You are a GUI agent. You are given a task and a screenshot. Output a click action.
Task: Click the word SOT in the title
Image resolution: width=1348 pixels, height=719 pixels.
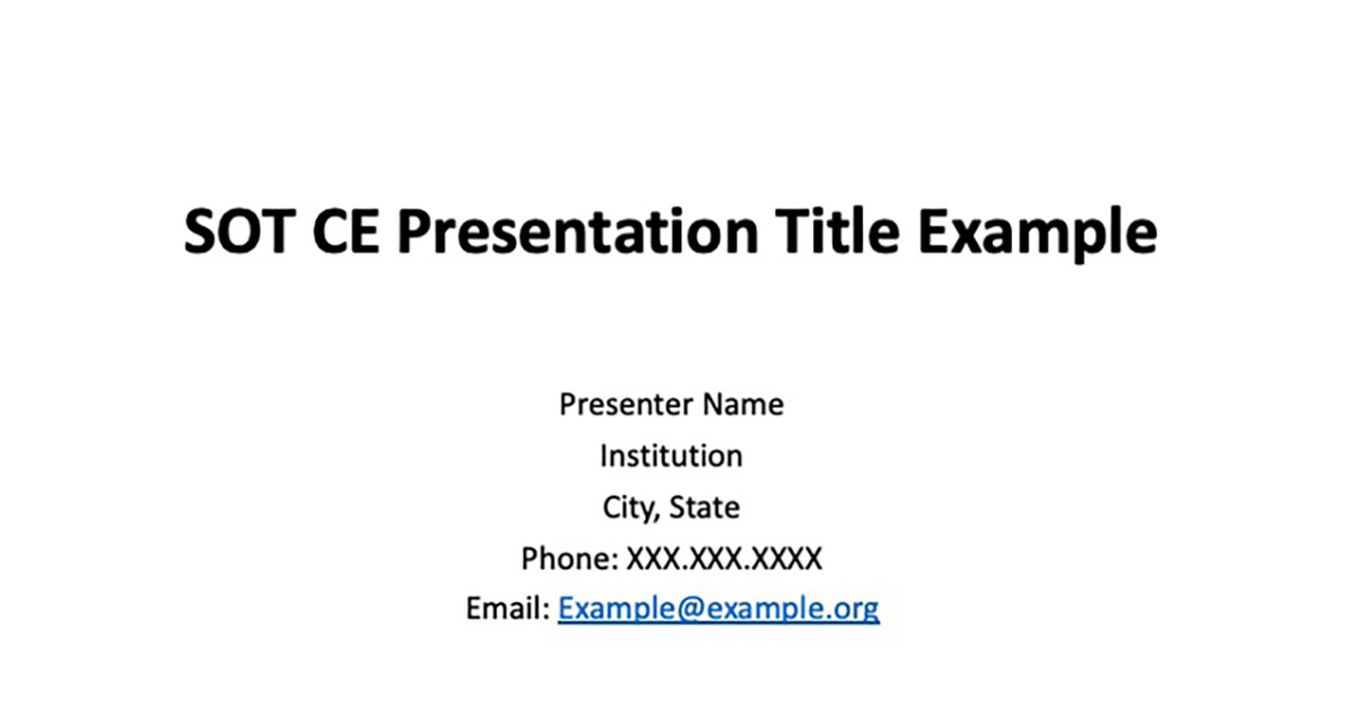[239, 232]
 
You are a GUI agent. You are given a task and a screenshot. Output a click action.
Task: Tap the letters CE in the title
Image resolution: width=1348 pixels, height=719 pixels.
[346, 232]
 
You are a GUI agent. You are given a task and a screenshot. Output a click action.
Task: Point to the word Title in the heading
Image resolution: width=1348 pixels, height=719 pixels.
[837, 230]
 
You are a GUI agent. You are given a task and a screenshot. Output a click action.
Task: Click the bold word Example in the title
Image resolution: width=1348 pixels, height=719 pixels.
[1037, 235]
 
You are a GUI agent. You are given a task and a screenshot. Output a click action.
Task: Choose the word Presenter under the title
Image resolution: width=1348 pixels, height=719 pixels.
[625, 404]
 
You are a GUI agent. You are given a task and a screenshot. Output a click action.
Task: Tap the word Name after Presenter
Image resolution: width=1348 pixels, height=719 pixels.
[743, 404]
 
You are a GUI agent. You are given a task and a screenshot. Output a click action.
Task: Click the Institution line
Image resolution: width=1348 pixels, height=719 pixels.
[671, 456]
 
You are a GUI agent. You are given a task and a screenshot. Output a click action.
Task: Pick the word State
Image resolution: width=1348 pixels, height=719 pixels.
[705, 507]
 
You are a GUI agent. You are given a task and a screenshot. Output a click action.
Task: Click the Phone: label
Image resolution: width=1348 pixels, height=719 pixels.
[570, 558]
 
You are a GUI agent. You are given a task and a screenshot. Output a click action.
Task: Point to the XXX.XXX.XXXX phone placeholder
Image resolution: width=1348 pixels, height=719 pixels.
[724, 558]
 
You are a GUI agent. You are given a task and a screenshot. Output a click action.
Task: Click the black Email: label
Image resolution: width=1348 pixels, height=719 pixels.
[508, 608]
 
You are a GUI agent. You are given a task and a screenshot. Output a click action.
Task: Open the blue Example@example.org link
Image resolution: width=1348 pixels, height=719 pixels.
[719, 609]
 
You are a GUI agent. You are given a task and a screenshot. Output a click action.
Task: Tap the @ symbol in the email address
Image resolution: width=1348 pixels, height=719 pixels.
[691, 609]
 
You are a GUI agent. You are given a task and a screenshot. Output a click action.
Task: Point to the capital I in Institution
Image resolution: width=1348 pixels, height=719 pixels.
[604, 456]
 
